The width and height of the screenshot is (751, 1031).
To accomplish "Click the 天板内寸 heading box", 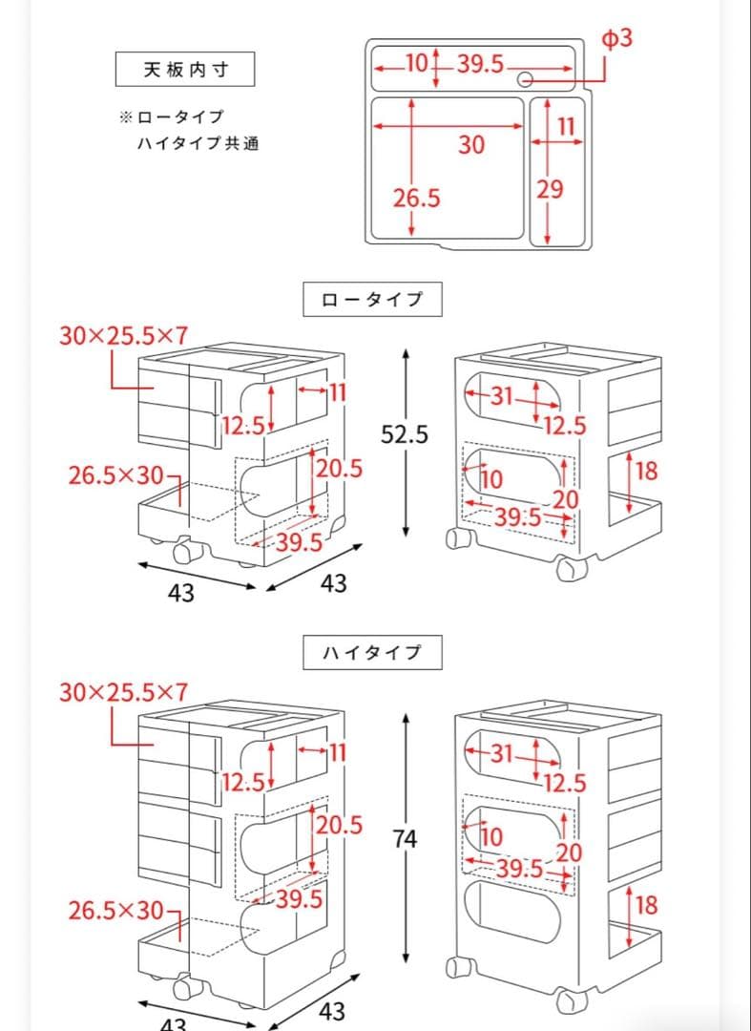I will (185, 70).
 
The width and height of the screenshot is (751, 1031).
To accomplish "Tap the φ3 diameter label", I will (616, 39).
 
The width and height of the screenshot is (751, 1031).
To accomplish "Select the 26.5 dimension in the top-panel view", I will (417, 199).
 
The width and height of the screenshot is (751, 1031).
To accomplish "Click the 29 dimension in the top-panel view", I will (550, 189).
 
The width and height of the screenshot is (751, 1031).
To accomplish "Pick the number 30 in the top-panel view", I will (471, 145).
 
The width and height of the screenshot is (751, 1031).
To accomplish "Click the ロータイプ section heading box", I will (373, 299).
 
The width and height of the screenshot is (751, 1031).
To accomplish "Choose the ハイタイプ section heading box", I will (373, 653).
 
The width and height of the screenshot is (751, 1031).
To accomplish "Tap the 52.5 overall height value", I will (405, 434).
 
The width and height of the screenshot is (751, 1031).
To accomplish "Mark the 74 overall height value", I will (405, 839).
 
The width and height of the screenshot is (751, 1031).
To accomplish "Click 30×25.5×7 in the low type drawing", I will (124, 336).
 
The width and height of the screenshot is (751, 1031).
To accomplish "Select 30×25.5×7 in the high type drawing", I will (124, 692).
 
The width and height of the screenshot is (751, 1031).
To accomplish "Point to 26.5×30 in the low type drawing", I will (116, 475).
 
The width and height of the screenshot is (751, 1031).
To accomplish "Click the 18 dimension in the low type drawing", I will (646, 471).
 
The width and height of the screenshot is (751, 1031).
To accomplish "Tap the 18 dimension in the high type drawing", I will (646, 904).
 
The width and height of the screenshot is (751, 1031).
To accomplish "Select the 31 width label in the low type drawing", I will (502, 395).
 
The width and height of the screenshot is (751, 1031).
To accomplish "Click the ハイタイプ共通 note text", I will (198, 144).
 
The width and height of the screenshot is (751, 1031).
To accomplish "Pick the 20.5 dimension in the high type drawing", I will (339, 824).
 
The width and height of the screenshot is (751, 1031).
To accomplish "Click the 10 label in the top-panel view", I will (416, 63).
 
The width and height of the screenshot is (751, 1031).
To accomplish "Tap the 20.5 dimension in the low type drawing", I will (339, 468).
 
